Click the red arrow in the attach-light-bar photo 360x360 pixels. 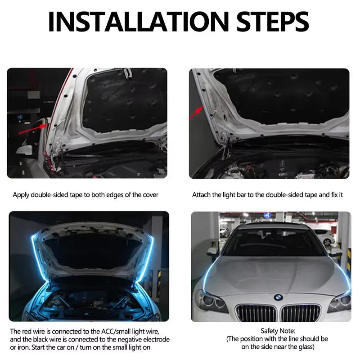[x=196, y=113]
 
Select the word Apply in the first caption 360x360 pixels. [x=21, y=195]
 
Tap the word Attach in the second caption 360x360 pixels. [x=201, y=195]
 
